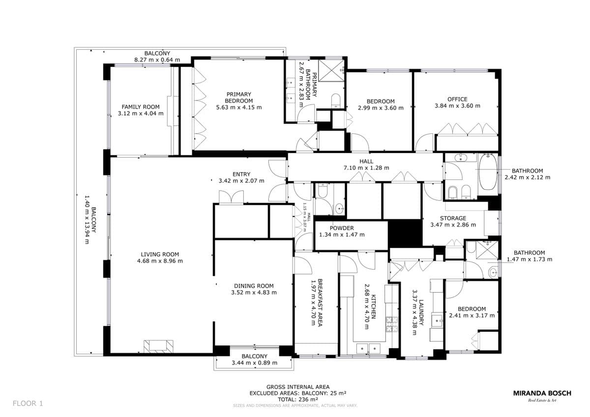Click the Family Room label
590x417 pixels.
pos(141,107)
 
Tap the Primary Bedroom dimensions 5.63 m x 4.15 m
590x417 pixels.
pos(239,108)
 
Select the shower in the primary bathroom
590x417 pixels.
pos(331,71)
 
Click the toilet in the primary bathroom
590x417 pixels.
pos(335,101)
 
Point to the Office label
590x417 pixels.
pos(457,99)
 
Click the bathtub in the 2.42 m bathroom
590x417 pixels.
pos(488,172)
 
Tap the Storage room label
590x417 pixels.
pos(453,218)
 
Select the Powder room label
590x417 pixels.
pos(342,228)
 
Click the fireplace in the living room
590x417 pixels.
pos(158,346)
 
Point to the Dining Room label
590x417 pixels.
pos(254,286)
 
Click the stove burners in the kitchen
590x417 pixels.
pos(392,324)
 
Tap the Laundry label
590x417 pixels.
pos(421,312)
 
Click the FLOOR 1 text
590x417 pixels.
pos(28,403)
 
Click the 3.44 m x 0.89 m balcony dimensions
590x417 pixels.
pos(255,363)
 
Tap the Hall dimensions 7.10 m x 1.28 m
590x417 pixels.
pos(366,168)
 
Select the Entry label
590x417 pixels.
pos(241,174)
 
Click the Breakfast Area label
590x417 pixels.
pos(320,303)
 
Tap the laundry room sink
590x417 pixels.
pos(438,321)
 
